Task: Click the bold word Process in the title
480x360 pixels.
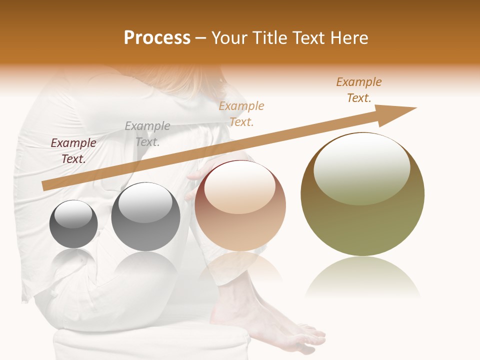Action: (x=157, y=38)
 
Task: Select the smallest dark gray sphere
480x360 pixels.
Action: (x=74, y=224)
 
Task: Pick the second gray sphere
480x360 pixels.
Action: (x=145, y=217)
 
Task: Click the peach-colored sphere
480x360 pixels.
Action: (x=240, y=206)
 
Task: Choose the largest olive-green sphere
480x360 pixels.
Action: (x=362, y=194)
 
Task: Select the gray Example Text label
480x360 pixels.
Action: (x=147, y=134)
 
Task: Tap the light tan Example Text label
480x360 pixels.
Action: (x=241, y=114)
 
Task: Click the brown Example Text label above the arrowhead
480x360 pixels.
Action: (x=359, y=90)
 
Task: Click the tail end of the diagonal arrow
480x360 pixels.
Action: (x=46, y=185)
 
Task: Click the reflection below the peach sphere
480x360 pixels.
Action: (x=240, y=265)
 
